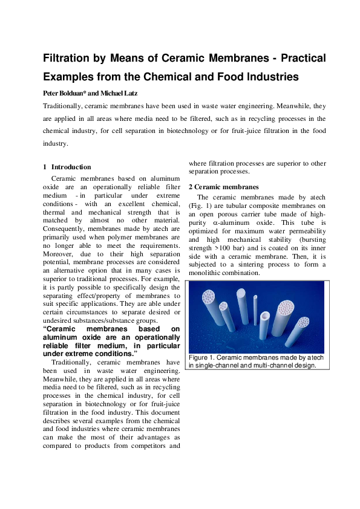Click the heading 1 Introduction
click(67, 167)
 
